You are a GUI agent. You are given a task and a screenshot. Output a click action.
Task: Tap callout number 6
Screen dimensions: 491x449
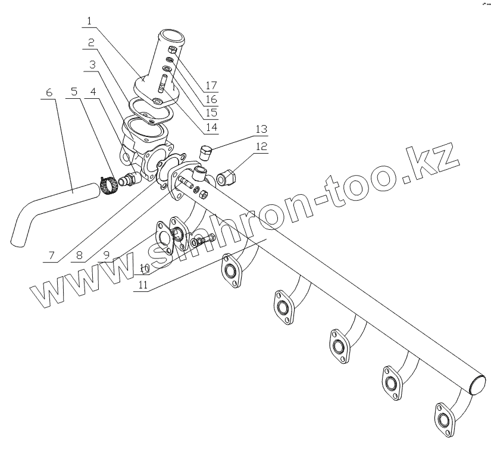point(49,92)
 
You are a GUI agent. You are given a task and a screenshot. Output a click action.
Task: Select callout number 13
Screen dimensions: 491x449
point(261,129)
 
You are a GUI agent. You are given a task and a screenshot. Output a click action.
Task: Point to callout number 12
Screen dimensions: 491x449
point(261,146)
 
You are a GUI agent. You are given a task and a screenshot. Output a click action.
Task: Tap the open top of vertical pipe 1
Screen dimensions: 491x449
point(169,33)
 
